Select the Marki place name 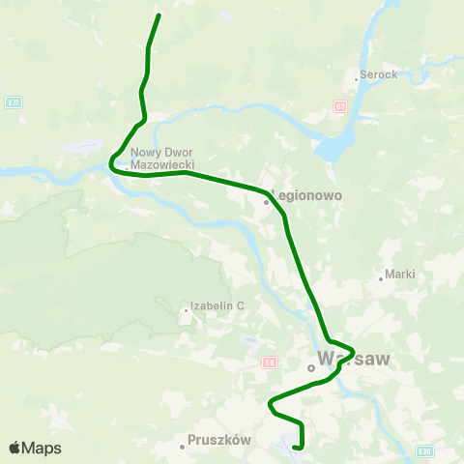(x=399, y=274)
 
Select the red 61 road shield (x=340, y=105)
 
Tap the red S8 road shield (x=270, y=362)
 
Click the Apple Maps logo (x=35, y=448)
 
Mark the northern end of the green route (x=159, y=15)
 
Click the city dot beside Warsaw (x=311, y=367)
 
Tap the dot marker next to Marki (x=381, y=280)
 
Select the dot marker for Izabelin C (x=186, y=310)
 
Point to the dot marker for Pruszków (x=182, y=447)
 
